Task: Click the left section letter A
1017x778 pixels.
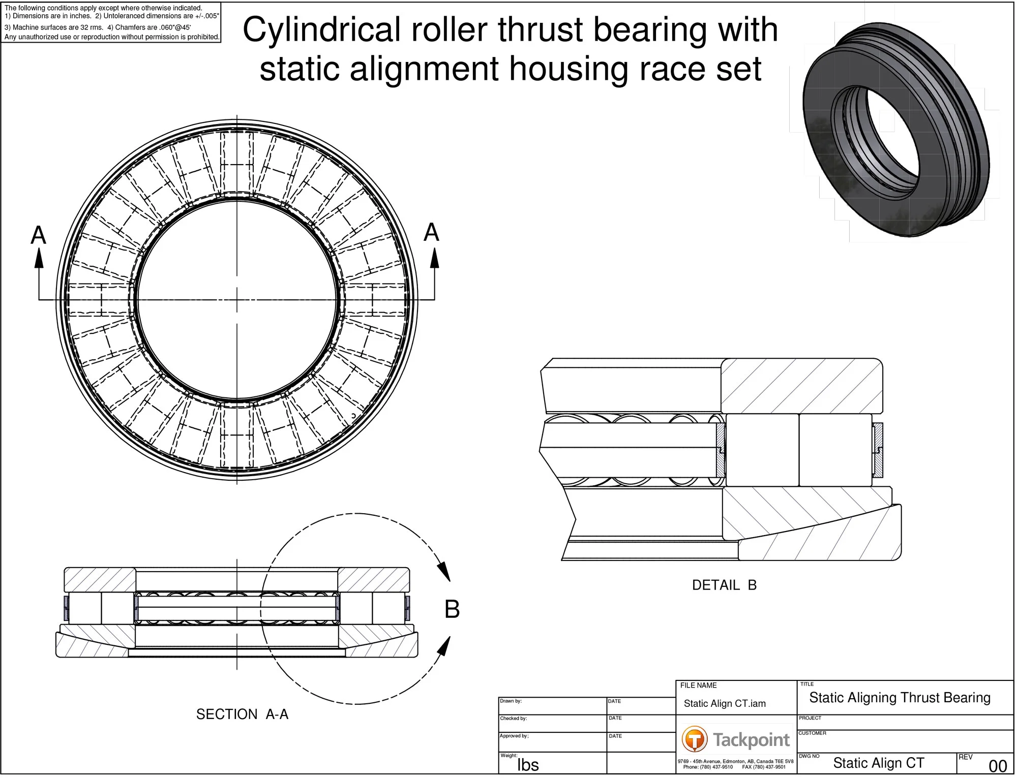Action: tap(39, 235)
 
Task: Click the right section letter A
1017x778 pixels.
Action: tap(432, 232)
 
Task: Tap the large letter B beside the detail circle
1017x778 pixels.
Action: tap(452, 609)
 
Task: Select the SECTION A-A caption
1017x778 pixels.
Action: tap(242, 714)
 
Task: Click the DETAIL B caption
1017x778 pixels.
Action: tap(725, 585)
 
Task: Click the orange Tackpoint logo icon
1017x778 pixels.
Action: tap(695, 739)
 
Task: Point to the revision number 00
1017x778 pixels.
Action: tap(998, 766)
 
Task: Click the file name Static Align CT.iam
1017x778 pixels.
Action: tap(725, 704)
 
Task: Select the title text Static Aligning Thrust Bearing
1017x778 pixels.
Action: tap(900, 698)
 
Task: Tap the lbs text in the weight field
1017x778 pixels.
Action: tap(528, 765)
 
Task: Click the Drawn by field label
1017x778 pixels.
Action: tap(511, 701)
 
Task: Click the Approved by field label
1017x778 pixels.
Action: tap(514, 736)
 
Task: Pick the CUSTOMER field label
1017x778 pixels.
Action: tap(812, 733)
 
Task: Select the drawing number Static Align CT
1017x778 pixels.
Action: tap(878, 763)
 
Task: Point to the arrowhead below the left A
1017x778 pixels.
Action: tap(39, 259)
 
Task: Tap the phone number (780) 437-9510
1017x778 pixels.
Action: tap(717, 767)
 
